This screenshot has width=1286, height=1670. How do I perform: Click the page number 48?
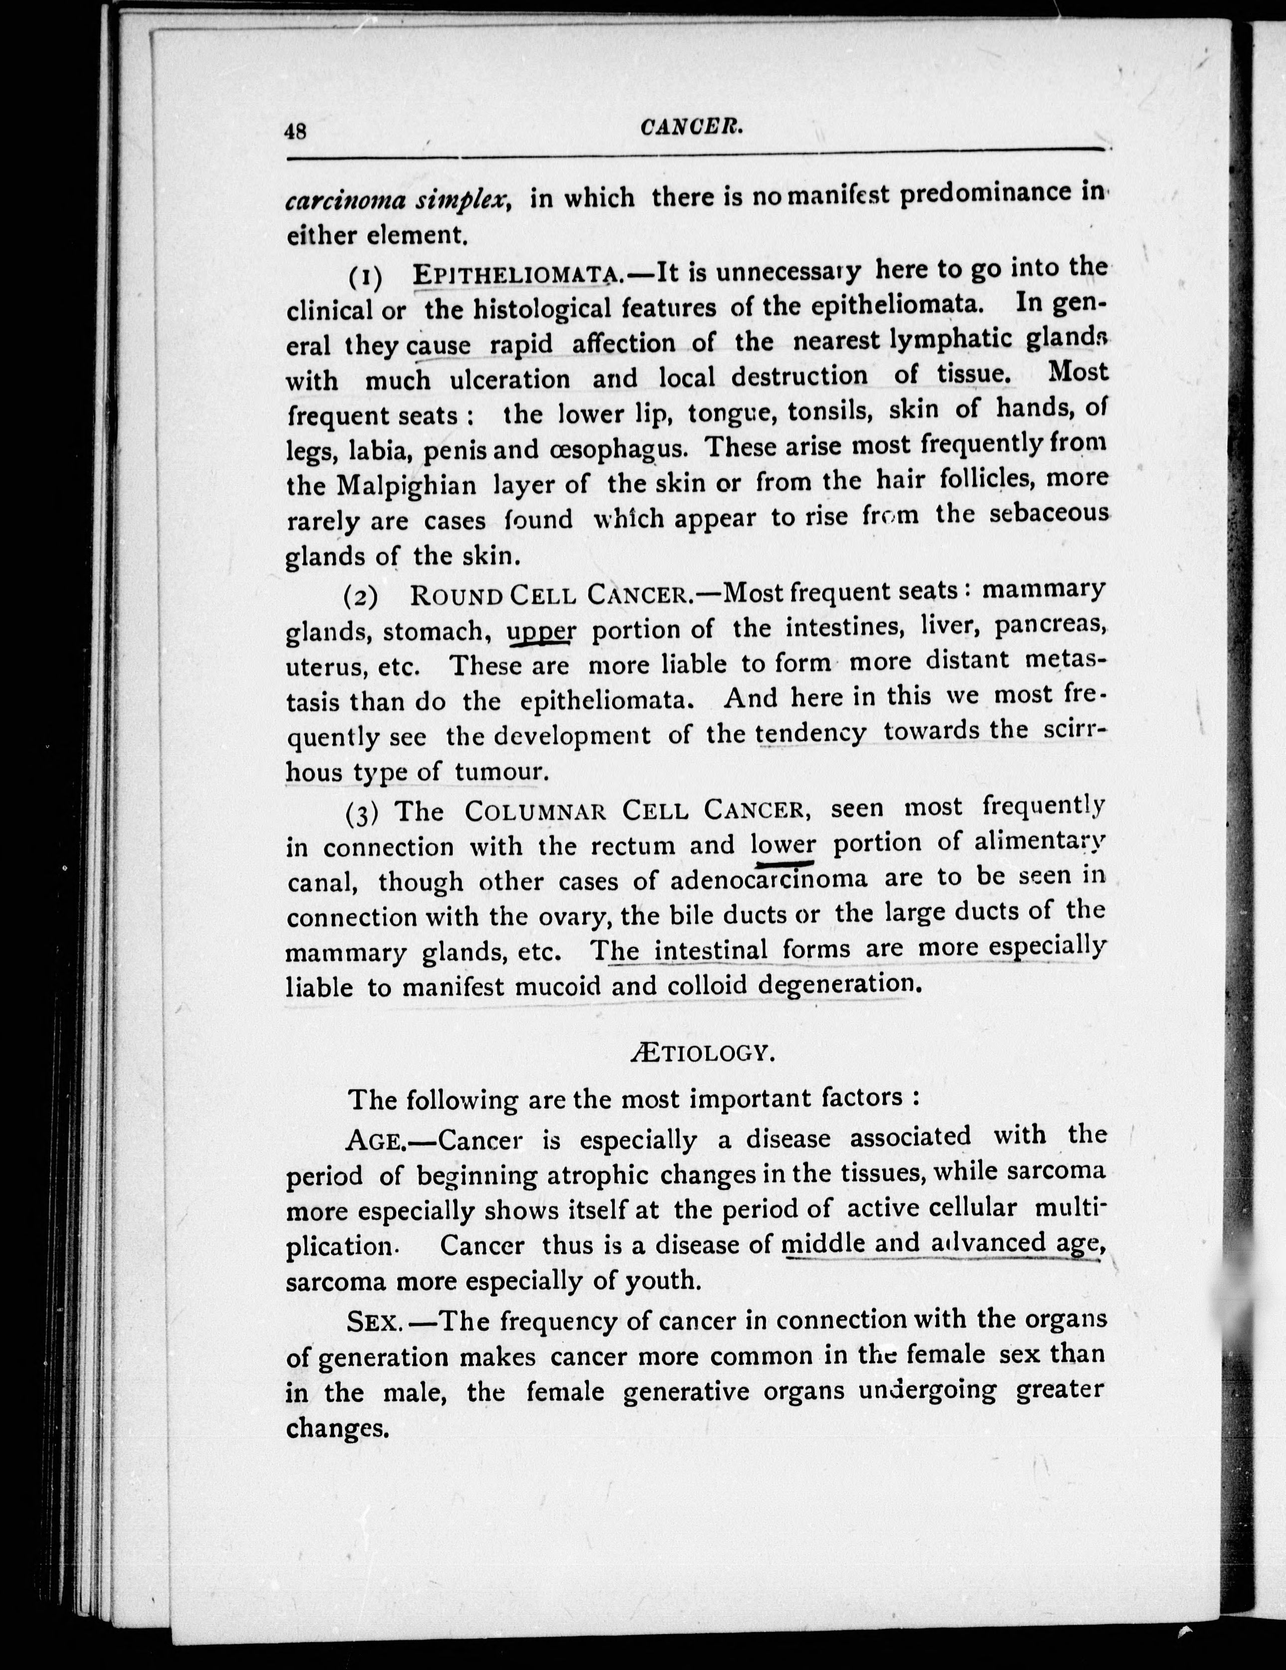pyautogui.click(x=295, y=132)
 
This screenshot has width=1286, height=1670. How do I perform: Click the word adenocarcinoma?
pyautogui.click(x=768, y=880)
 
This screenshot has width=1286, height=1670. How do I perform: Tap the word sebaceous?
pyautogui.click(x=1048, y=513)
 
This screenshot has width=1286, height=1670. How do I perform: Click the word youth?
pyautogui.click(x=662, y=1280)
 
